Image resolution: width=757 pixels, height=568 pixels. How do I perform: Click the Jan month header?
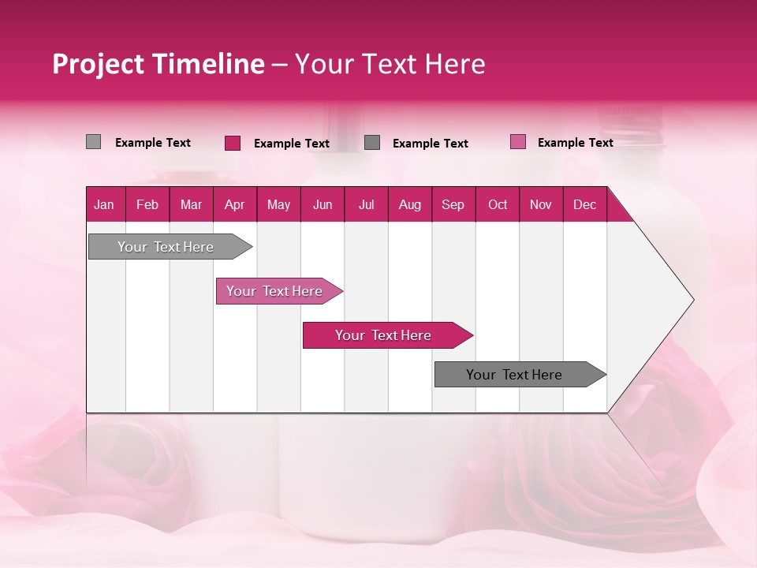point(105,204)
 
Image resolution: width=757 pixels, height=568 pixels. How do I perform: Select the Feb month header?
point(147,204)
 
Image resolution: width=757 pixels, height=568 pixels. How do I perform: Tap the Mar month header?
point(191,204)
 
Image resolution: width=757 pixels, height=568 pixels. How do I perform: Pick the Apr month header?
point(235,204)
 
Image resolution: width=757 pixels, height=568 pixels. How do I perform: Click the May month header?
point(278,204)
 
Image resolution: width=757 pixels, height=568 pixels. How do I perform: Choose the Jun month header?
point(323,204)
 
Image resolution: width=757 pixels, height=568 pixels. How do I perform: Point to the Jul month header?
point(367,204)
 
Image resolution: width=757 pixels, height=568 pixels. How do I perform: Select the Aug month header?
point(410,204)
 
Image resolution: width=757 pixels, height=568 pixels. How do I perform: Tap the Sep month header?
point(453,204)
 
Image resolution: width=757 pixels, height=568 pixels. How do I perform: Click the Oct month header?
point(498,204)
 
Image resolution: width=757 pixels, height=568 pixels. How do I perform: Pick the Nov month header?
point(541,204)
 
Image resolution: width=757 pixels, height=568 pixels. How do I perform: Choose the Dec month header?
point(585,204)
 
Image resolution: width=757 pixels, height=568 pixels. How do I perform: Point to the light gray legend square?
point(94,142)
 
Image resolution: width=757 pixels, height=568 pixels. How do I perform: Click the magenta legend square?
point(233,143)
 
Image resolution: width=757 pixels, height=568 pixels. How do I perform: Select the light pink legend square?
point(517,142)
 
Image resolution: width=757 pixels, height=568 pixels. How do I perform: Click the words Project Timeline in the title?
point(158,64)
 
